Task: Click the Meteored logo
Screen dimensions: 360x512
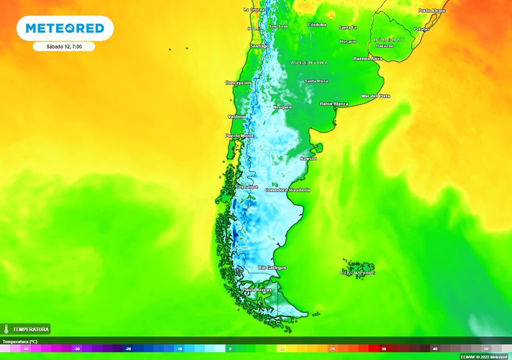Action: coord(65,28)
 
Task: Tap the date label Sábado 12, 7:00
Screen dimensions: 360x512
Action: coord(64,46)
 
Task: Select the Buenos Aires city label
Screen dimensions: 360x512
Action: coord(367,58)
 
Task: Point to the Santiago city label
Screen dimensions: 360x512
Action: coord(259,46)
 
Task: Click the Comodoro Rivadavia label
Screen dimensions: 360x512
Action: coord(287,190)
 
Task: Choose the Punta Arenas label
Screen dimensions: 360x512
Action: coord(257,290)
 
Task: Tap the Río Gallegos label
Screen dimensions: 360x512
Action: coord(272,268)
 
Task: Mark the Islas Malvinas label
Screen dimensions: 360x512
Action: coord(357,272)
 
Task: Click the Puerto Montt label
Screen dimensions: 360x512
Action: coord(239,135)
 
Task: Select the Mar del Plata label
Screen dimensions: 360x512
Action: coord(375,95)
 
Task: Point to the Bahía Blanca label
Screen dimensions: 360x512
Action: coord(334,103)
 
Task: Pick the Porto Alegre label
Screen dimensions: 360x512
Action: coord(432,10)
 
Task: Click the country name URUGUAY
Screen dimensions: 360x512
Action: coord(388,39)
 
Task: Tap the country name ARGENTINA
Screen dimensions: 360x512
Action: coord(309,63)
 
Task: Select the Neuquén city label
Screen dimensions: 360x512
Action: coord(282,107)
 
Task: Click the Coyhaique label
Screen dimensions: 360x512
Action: coord(247,186)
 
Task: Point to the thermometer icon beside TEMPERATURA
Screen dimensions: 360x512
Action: coord(6,329)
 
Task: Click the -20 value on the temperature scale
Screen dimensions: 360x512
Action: coord(127,348)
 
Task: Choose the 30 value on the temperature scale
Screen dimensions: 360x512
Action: coord(383,348)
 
